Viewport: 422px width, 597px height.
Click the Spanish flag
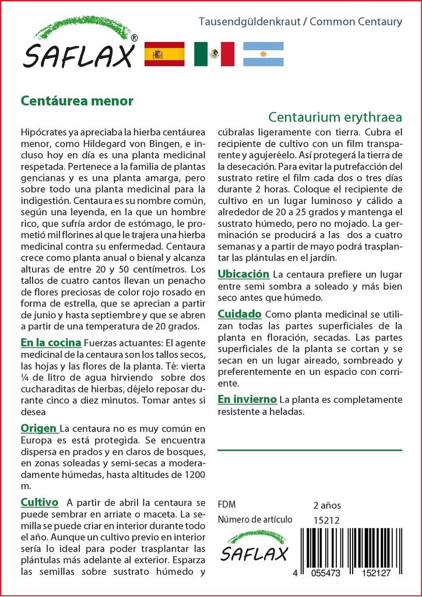(x=164, y=54)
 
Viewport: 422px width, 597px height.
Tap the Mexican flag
(x=214, y=54)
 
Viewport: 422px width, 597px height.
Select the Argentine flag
(x=263, y=54)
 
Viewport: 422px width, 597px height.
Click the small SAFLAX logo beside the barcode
(x=254, y=547)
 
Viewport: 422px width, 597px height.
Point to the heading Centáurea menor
(x=77, y=100)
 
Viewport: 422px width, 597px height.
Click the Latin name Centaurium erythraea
(x=335, y=115)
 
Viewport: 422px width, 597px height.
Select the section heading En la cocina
(x=50, y=342)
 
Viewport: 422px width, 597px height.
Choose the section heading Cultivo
(x=39, y=502)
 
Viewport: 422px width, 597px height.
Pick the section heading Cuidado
(x=239, y=314)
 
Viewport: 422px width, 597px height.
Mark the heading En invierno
(x=247, y=399)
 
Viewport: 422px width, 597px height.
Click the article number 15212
(x=326, y=520)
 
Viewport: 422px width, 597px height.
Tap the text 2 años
(x=327, y=505)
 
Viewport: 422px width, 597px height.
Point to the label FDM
(x=226, y=505)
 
